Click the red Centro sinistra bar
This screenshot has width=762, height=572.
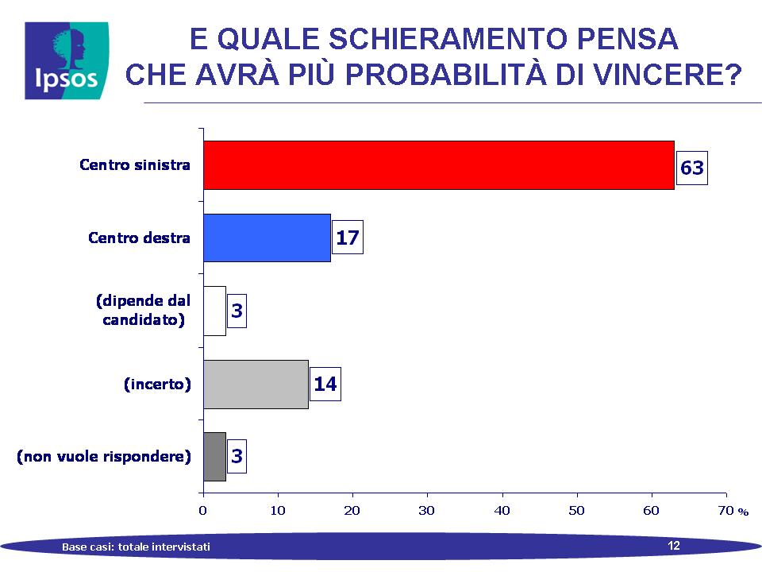click(439, 165)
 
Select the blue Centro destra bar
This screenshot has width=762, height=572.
click(267, 238)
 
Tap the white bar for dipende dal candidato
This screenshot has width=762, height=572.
click(215, 311)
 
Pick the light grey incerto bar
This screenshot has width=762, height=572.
click(256, 385)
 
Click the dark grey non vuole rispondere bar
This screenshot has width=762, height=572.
click(215, 457)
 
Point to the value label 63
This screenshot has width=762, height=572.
click(692, 168)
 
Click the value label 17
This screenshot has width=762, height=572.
click(348, 238)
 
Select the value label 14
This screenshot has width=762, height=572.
click(325, 385)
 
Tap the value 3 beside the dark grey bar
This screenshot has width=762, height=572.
click(237, 456)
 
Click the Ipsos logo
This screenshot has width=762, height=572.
click(67, 60)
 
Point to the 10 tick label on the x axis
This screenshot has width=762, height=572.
click(278, 510)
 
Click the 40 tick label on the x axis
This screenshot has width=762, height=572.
click(502, 510)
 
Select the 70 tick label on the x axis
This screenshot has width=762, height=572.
click(726, 510)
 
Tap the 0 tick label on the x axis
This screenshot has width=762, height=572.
click(202, 510)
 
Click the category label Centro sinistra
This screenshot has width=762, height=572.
click(135, 165)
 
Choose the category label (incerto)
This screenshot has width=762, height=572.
click(157, 385)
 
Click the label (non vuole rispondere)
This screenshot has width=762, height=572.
click(104, 456)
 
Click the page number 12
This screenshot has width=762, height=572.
click(674, 546)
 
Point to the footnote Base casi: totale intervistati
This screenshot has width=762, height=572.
click(136, 547)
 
